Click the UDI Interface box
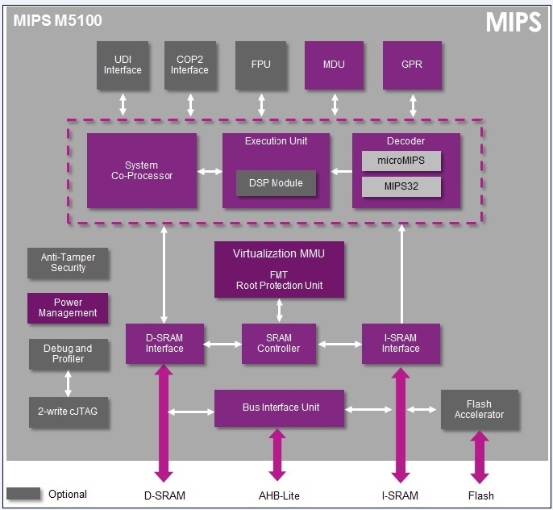[x=123, y=65]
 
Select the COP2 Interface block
[x=190, y=65]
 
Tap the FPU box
[x=261, y=65]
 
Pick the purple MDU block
[x=334, y=65]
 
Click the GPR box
[x=412, y=65]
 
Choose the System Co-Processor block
[x=141, y=171]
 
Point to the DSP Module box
[x=276, y=183]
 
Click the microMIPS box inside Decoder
[x=401, y=161]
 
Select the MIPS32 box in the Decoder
[x=401, y=187]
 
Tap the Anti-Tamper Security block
[x=68, y=263]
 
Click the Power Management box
[x=68, y=308]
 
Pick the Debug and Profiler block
[x=68, y=354]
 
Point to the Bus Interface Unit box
[x=279, y=408]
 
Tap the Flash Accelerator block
[x=479, y=410]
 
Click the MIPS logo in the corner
[x=513, y=23]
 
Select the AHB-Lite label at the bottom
[x=278, y=495]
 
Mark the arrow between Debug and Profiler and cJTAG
[x=68, y=383]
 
